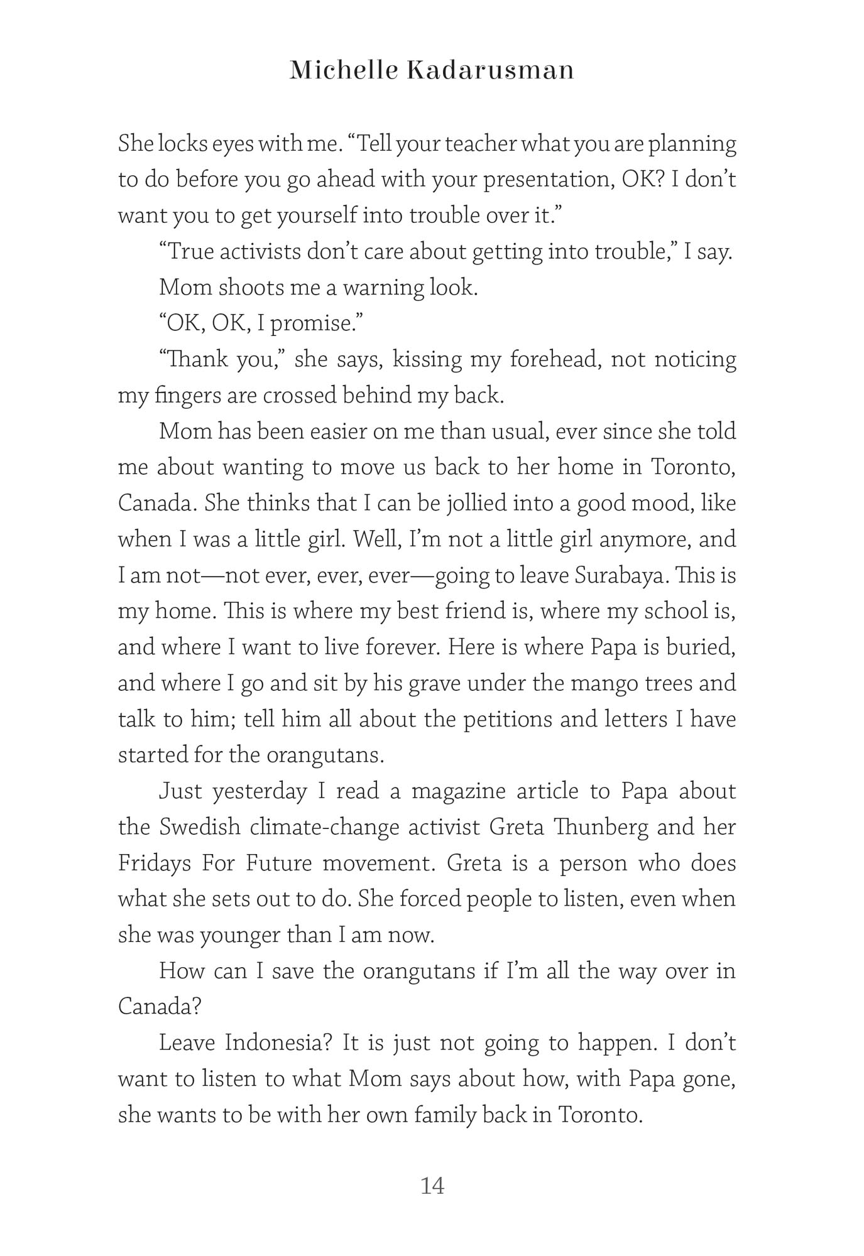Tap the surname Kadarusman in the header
coord(491,70)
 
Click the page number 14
coord(432,1186)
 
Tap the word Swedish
coord(200,827)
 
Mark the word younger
coord(239,935)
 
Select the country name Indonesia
coord(278,1043)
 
